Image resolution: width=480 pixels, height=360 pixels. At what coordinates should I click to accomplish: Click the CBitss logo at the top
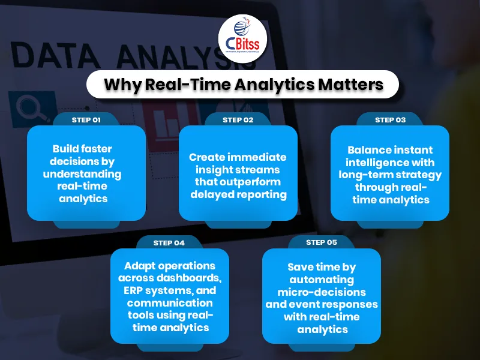(x=242, y=38)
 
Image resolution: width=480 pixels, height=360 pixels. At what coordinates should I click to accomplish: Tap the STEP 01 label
(x=86, y=120)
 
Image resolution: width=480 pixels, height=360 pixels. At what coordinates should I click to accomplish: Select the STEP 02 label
(x=238, y=120)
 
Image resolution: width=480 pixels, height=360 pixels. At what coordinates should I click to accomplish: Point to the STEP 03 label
(x=390, y=120)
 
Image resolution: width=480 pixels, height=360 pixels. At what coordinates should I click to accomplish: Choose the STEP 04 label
(x=169, y=243)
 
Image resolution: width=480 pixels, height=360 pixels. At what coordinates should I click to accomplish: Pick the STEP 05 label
(x=322, y=243)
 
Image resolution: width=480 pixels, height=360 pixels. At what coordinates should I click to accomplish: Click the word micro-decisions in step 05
(x=322, y=292)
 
